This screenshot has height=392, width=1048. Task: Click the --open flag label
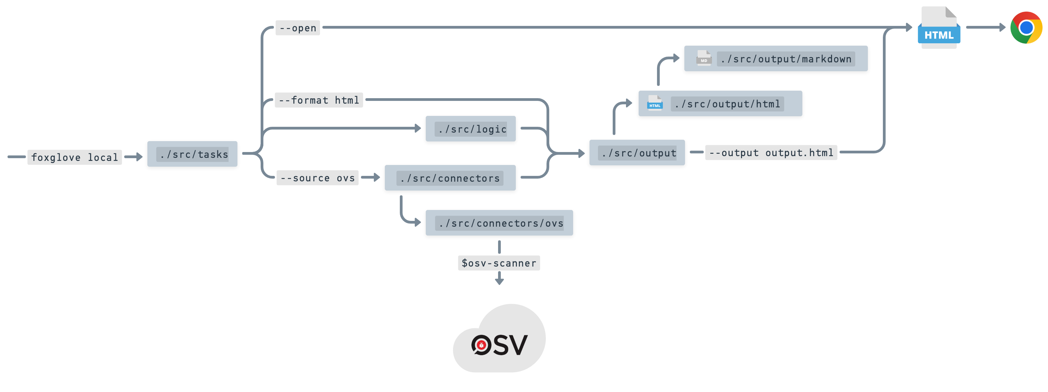298,28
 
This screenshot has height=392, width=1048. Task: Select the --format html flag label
319,100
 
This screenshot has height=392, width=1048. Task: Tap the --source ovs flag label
317,178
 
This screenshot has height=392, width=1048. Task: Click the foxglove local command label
74,157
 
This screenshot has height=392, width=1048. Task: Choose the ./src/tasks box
192,154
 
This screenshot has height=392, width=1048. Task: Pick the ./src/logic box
471,129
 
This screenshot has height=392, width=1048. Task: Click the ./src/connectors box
450,178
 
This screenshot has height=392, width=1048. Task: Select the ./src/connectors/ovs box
499,223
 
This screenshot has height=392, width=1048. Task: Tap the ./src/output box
637,153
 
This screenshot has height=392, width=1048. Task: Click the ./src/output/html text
727,104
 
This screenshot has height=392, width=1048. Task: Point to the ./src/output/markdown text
786,59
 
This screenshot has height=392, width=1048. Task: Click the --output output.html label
771,152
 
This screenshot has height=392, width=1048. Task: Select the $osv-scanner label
499,263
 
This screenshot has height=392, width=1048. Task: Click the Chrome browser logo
1026,28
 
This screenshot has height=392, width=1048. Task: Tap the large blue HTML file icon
939,28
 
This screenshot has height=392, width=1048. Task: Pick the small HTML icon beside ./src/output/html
655,103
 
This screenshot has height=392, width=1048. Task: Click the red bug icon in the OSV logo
481,345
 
